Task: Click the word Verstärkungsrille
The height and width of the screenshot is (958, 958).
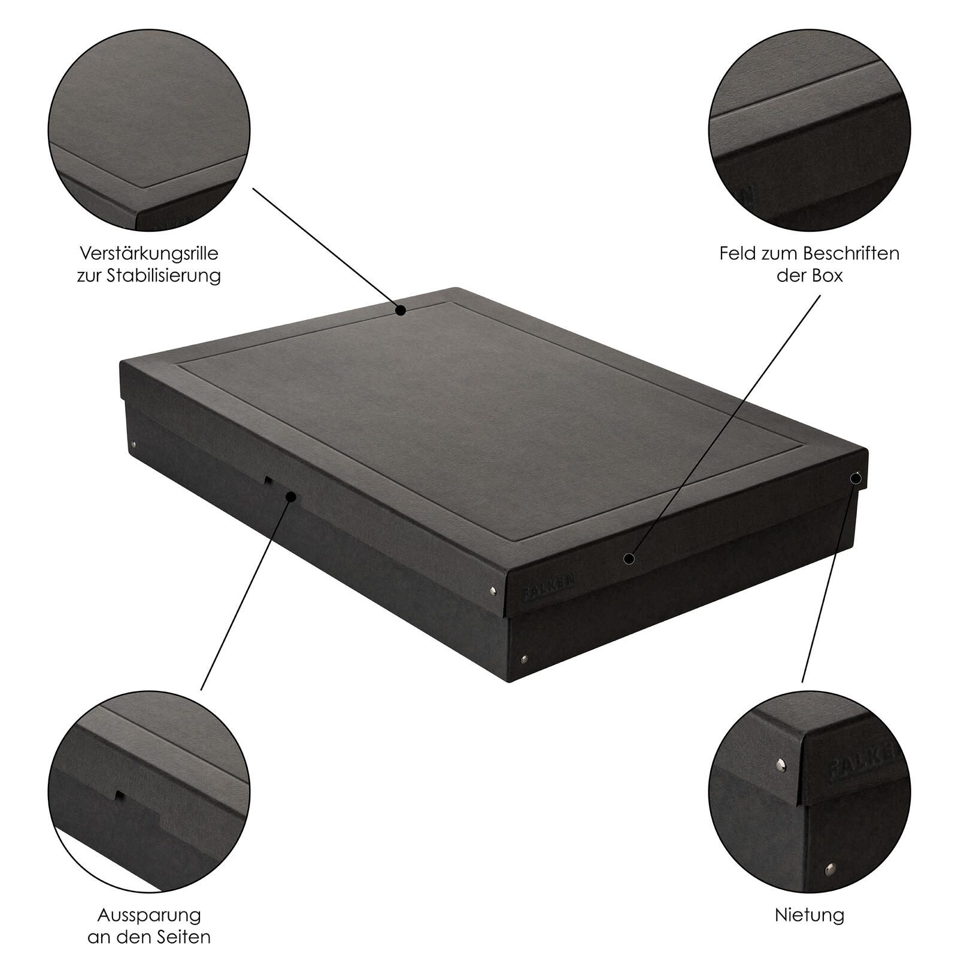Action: pyautogui.click(x=148, y=253)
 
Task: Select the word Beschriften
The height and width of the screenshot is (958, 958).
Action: pyautogui.click(x=851, y=253)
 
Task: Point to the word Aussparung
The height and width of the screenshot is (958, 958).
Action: pyautogui.click(x=149, y=915)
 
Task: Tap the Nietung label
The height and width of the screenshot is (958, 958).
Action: pyautogui.click(x=810, y=915)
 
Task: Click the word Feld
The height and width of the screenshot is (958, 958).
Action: pyautogui.click(x=738, y=253)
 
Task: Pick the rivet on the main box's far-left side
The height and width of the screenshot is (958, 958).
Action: pyautogui.click(x=133, y=445)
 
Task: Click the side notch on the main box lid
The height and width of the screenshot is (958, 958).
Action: pyautogui.click(x=269, y=481)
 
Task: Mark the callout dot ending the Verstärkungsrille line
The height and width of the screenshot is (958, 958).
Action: pyautogui.click(x=401, y=310)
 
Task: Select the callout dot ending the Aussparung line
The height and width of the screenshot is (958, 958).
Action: pyautogui.click(x=292, y=497)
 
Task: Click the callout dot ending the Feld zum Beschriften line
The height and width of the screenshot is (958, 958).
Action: pyautogui.click(x=628, y=559)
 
